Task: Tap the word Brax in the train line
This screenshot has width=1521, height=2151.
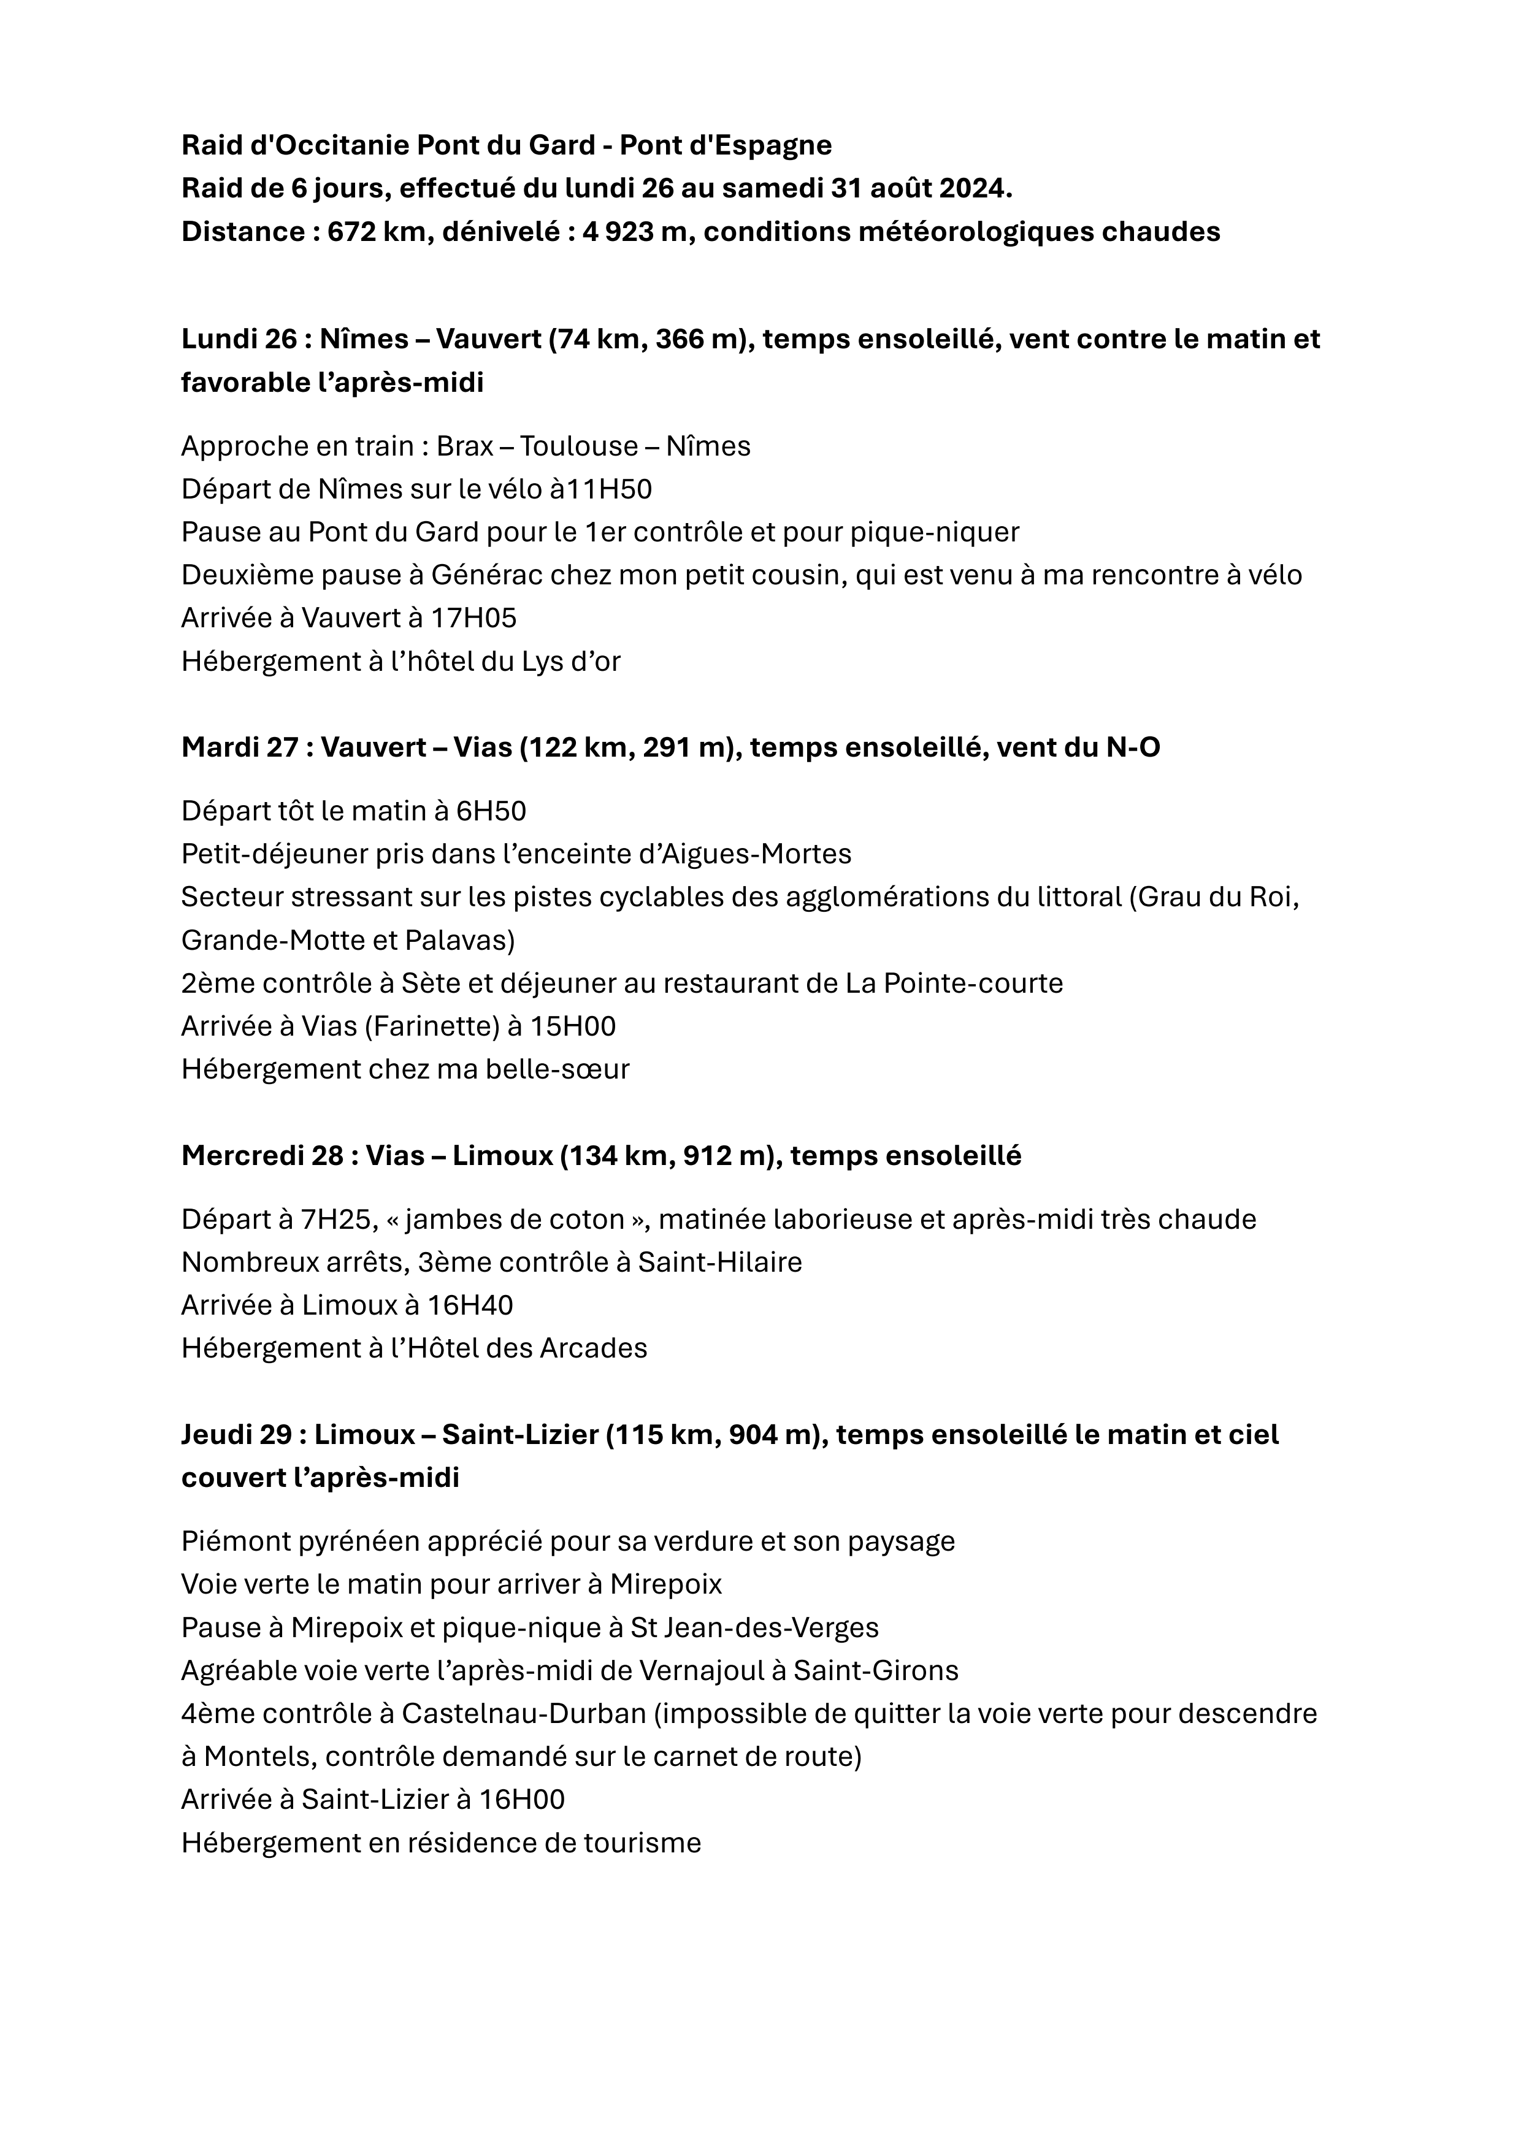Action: point(465,446)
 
